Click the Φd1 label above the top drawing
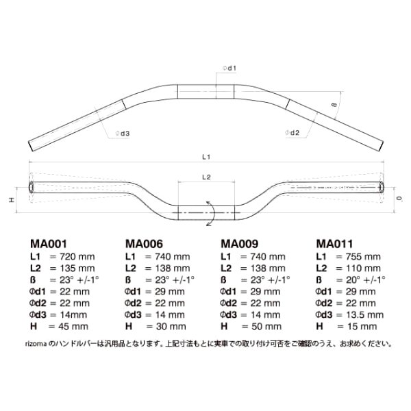pos(229,68)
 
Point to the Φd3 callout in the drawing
pos(123,134)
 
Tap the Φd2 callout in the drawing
pos(292,133)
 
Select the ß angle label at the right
pos(334,105)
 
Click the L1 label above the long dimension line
pos(206,157)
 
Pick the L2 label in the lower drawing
pos(206,177)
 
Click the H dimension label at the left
pos(12,200)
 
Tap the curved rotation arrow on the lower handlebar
pos(213,213)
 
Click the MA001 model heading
pos(49,244)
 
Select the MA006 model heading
pos(144,244)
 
